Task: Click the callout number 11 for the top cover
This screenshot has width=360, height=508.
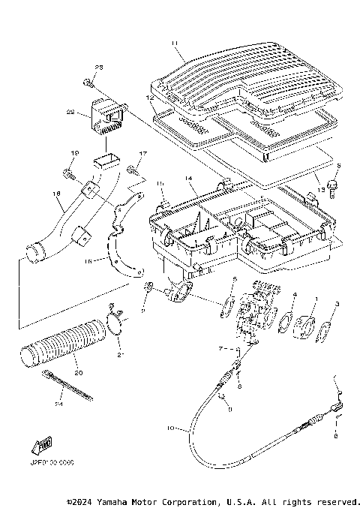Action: [174, 44]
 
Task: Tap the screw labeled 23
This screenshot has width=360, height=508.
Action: [88, 80]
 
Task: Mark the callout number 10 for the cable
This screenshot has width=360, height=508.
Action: [170, 428]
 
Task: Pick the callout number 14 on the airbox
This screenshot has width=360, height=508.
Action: [189, 179]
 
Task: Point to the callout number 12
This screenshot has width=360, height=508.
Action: [149, 98]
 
